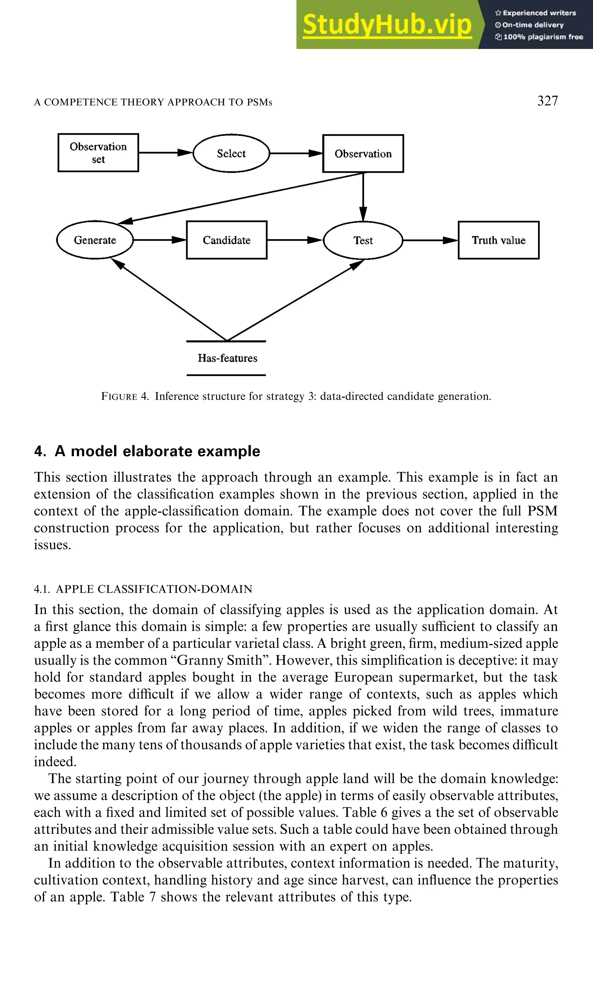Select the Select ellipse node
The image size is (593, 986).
(x=231, y=153)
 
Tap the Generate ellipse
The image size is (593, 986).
(x=95, y=240)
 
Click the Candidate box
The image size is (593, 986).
(x=226, y=240)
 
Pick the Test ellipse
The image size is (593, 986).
(x=363, y=240)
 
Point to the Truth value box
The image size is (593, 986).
(x=498, y=240)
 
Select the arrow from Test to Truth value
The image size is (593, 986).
(x=430, y=240)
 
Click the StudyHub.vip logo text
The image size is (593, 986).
(x=387, y=25)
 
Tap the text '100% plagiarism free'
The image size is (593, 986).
(x=543, y=37)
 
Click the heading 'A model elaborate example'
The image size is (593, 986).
(x=157, y=451)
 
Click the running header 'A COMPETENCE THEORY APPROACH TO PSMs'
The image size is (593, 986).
(x=153, y=102)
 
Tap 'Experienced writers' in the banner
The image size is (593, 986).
(x=539, y=13)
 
